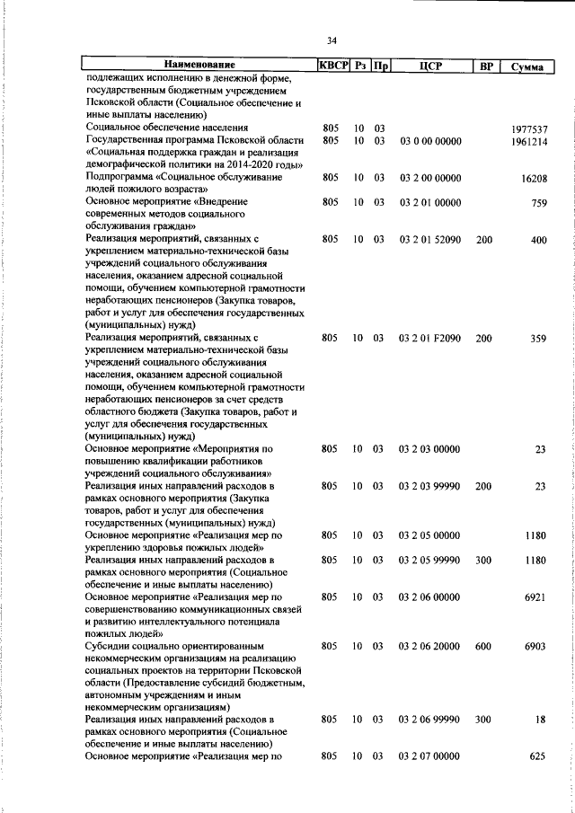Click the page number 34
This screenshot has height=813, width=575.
[332, 40]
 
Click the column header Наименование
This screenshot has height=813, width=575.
[199, 66]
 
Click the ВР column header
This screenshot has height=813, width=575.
[485, 66]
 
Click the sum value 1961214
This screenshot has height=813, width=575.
[527, 141]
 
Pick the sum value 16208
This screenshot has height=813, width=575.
[534, 179]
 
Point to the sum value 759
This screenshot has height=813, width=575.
[538, 203]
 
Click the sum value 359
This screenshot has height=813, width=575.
[538, 339]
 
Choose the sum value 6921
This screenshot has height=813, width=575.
[535, 597]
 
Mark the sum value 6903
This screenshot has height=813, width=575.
[535, 646]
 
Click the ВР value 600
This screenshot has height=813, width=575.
[484, 646]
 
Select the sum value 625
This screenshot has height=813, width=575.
[538, 757]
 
